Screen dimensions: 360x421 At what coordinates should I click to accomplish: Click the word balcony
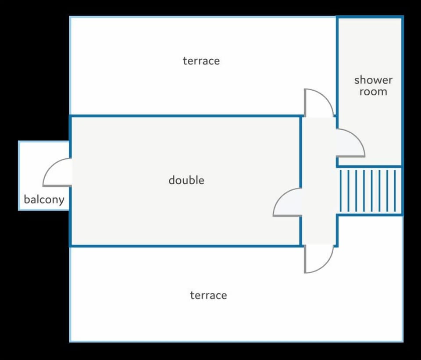coord(44,200)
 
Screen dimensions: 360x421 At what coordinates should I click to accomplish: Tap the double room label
coord(186,180)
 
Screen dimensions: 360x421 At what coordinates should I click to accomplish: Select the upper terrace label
coord(201,61)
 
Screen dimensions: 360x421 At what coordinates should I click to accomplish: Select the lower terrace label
coord(208,295)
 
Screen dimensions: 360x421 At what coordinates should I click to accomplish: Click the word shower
coord(373,80)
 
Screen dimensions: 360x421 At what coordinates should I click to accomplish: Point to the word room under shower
coord(373,92)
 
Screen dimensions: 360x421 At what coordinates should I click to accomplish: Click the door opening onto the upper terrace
coord(318,103)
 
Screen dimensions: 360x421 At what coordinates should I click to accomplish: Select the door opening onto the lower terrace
coord(318,259)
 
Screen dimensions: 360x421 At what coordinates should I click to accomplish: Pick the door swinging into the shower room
coord(350,143)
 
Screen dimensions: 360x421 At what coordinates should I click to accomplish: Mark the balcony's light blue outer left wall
coord(19,175)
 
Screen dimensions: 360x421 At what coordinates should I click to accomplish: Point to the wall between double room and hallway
coord(301,153)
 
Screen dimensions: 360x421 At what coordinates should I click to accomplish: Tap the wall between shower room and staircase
coord(370,167)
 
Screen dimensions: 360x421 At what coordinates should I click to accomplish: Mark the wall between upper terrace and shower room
coord(337,66)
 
